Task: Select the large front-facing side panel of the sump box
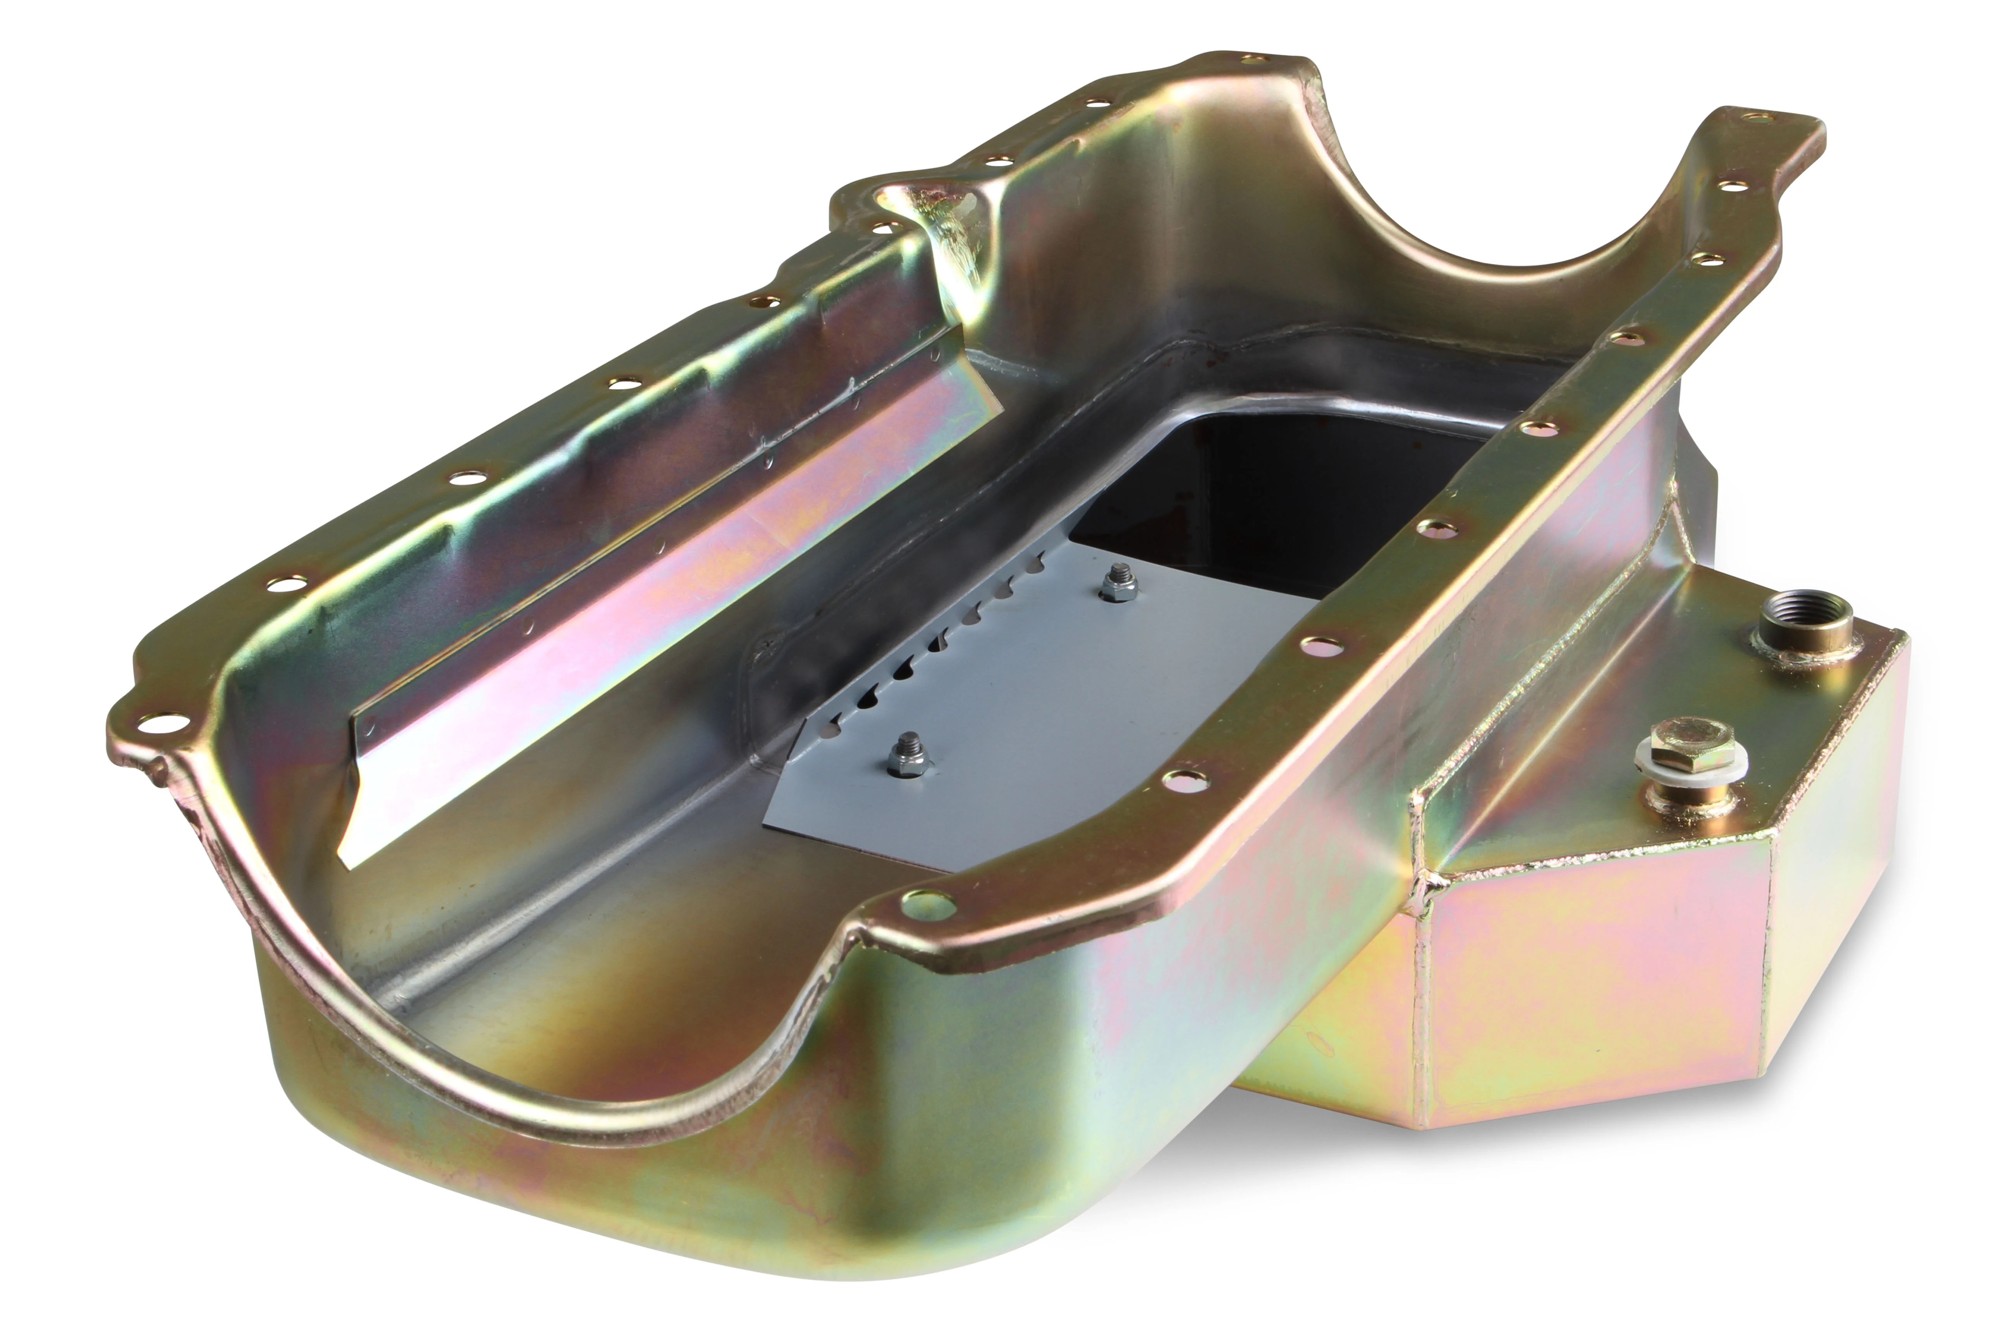1588,965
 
